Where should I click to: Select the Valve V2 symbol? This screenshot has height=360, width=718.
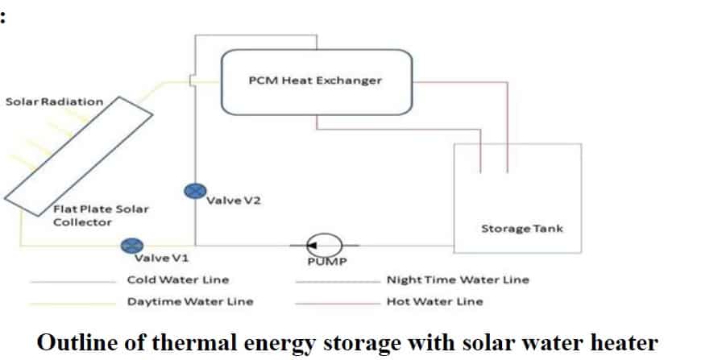(x=194, y=191)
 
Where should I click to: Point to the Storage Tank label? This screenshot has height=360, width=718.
(x=522, y=229)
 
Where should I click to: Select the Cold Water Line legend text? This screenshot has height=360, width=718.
(x=178, y=279)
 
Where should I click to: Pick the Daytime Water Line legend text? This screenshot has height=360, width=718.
(x=190, y=301)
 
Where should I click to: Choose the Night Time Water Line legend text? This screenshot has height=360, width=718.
(x=458, y=279)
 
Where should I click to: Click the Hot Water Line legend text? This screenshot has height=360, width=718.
(x=435, y=301)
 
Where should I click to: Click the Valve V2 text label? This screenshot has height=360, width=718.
(x=234, y=201)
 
